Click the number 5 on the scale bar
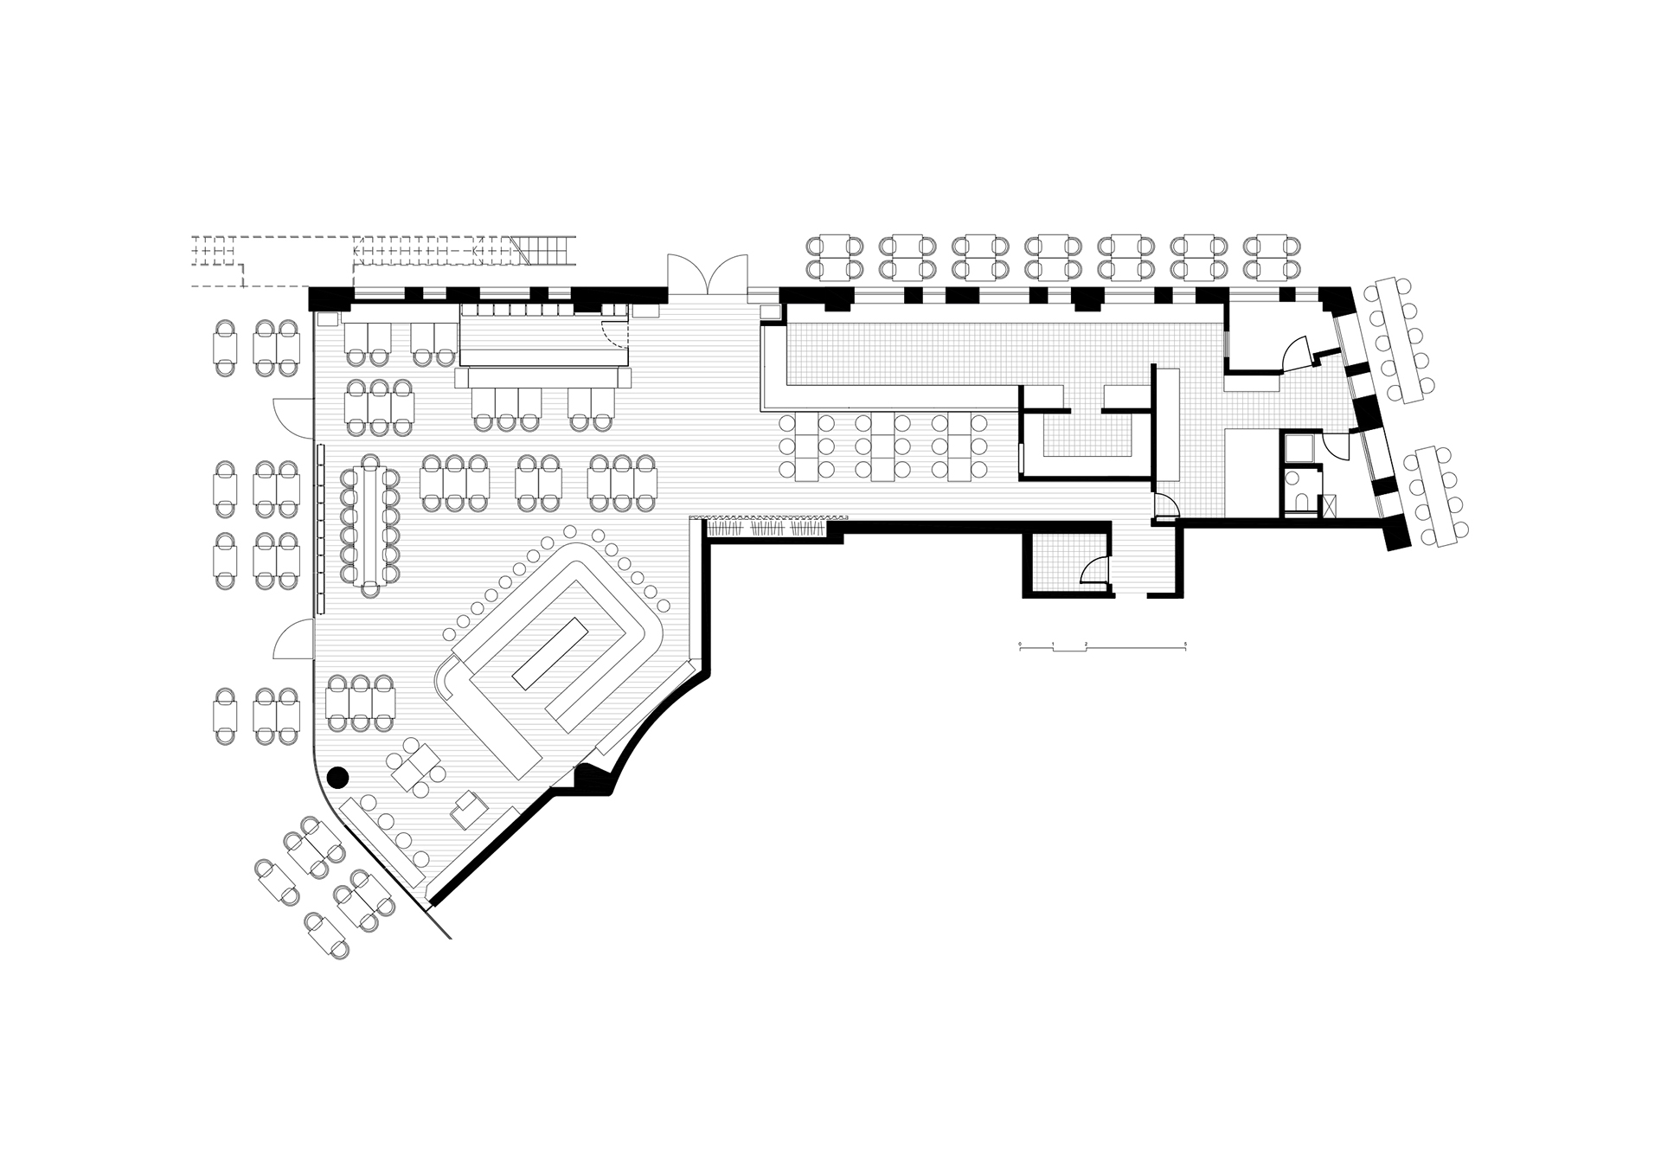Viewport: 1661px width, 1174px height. coord(1186,644)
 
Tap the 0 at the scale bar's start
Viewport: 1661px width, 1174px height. coord(1020,644)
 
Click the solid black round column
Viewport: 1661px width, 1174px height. coord(337,777)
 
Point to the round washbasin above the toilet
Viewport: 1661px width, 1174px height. coord(1292,478)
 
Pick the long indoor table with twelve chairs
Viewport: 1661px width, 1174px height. coord(370,524)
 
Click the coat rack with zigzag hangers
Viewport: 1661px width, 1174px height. coord(766,528)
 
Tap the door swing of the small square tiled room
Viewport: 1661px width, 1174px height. coord(1095,570)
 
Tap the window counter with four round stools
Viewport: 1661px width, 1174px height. coord(385,838)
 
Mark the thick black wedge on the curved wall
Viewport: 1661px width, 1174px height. coord(596,778)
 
